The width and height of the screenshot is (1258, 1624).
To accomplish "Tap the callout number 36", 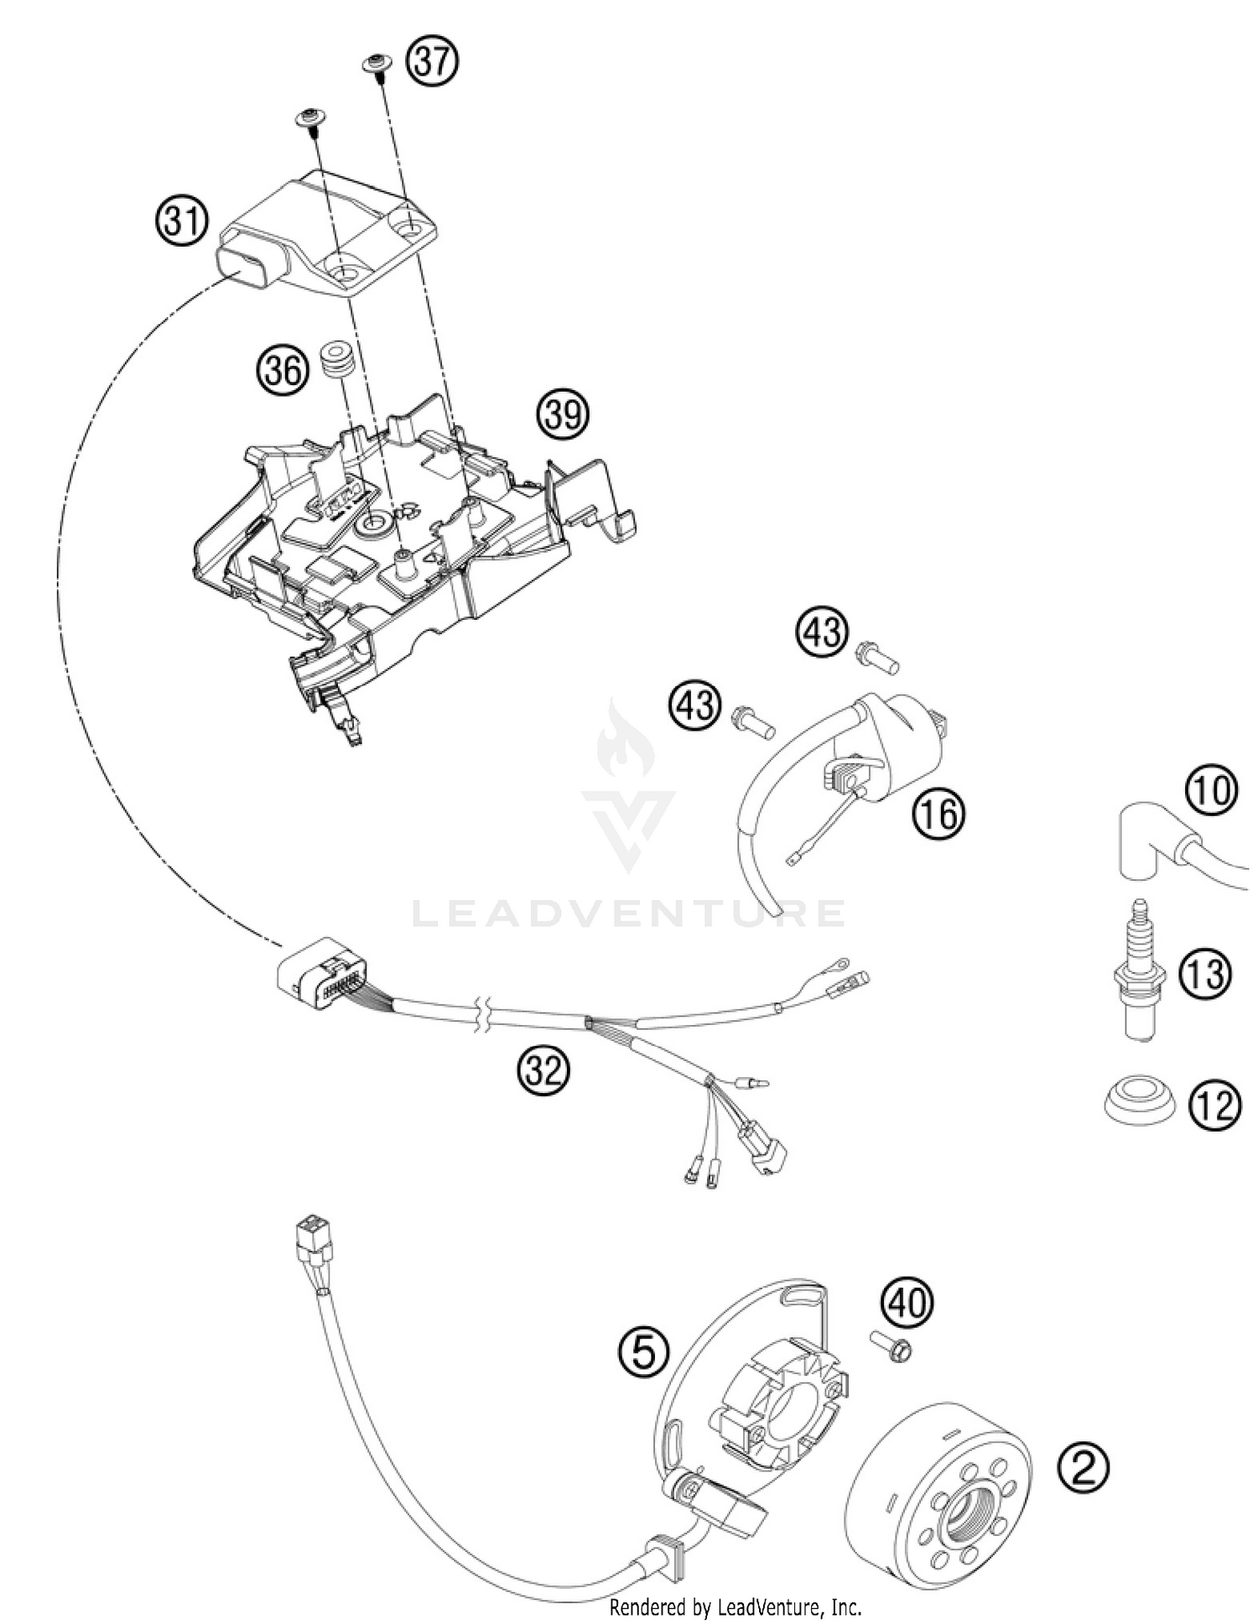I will pos(282,368).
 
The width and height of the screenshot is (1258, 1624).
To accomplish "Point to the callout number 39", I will pos(563,413).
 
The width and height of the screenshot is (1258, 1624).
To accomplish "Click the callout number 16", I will pos(939,813).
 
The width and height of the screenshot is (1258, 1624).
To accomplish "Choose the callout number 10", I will pos(1211,790).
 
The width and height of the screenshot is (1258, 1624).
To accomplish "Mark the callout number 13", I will pos(1205,974).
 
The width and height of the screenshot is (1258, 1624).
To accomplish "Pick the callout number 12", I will pos(1214,1106).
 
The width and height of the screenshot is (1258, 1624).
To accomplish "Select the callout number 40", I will pos(907,1303).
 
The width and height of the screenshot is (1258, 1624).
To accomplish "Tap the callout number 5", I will pos(643,1352).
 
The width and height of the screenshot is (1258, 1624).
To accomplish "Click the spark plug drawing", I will pos(1138,973).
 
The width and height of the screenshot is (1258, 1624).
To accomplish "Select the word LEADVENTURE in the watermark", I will pos(629,913).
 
